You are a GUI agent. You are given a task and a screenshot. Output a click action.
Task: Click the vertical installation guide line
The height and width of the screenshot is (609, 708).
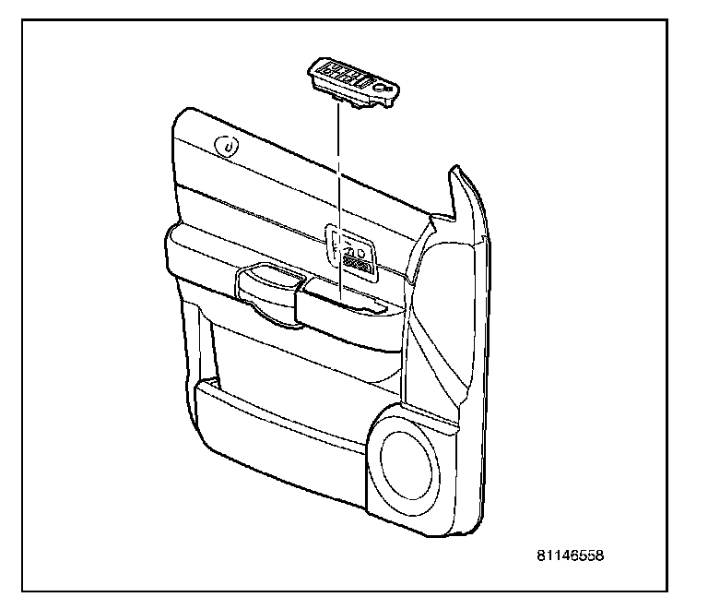[339, 185]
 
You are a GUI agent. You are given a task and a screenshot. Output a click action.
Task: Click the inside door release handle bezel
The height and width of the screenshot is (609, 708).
[349, 249]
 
